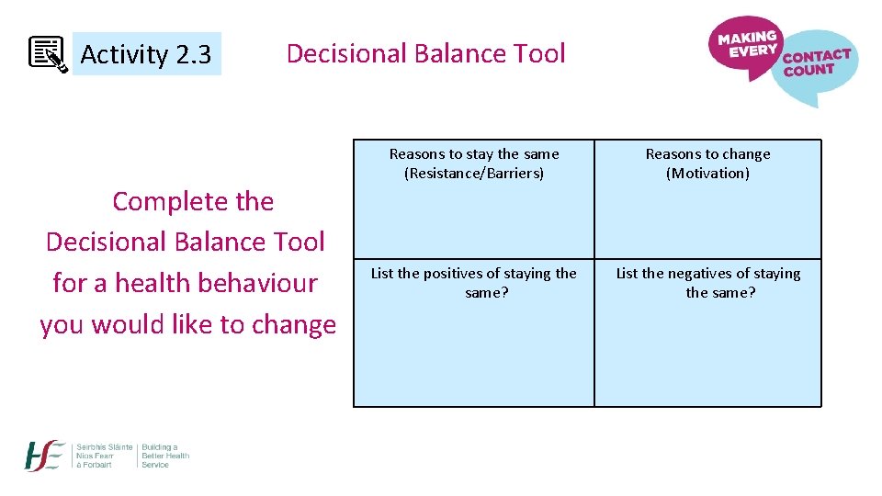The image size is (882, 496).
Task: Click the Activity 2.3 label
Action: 146,55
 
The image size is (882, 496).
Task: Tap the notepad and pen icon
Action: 47,54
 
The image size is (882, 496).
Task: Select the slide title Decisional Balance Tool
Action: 425,53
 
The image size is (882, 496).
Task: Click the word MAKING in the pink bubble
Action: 747,38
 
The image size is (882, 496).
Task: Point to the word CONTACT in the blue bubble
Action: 816,57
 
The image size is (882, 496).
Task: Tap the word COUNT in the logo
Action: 809,71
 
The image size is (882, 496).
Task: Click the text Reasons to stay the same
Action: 474,153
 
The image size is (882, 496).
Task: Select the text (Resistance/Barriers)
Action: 474,173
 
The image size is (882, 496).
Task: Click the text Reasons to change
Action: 707,153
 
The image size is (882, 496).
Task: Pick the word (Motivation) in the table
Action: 707,173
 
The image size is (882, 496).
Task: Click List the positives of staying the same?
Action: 474,282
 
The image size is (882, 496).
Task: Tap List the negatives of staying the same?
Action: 708,282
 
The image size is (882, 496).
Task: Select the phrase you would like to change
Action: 187,324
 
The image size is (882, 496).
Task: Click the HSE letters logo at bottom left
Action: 45,456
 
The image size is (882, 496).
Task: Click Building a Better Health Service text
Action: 165,456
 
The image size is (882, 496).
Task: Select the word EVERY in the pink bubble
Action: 752,51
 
